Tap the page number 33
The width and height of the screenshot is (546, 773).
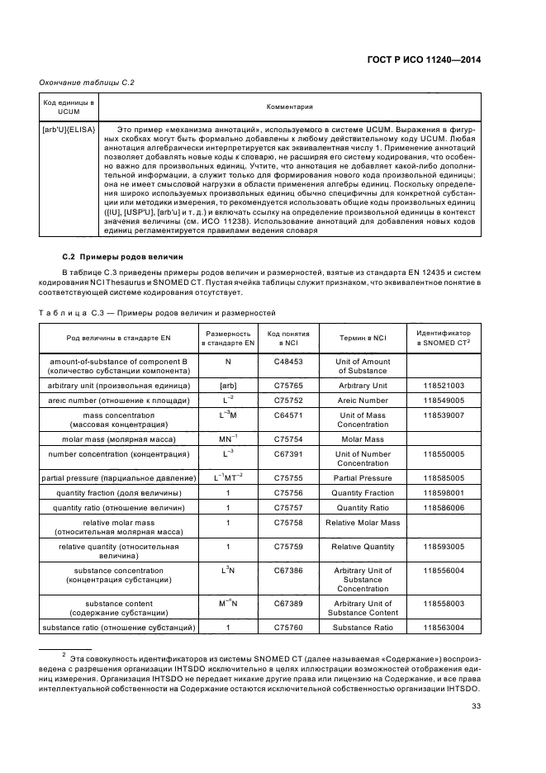[476, 704]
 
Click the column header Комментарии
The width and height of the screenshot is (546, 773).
[289, 107]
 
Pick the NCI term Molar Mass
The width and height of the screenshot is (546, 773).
[363, 439]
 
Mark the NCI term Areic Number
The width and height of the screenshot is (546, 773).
[363, 400]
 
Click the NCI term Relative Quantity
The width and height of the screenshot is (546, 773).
[363, 546]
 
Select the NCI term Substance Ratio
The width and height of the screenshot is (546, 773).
[363, 628]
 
